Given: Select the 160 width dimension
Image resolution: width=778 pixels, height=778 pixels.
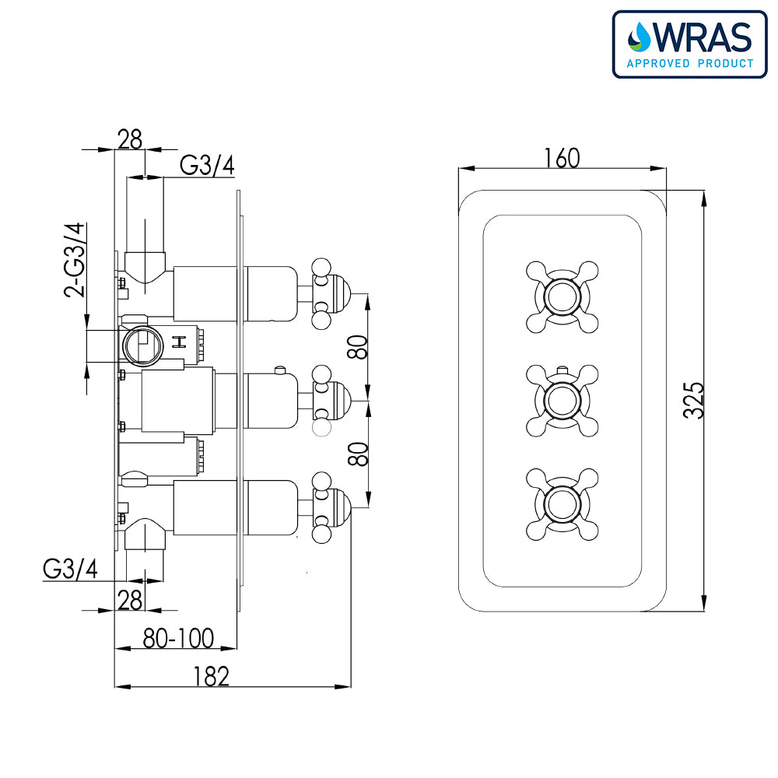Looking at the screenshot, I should (x=562, y=158).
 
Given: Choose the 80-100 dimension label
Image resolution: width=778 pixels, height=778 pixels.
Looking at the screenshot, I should (x=178, y=639).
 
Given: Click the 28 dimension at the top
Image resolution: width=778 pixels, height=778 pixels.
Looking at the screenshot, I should (x=130, y=139).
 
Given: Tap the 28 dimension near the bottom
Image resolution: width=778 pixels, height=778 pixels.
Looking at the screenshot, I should (x=130, y=600).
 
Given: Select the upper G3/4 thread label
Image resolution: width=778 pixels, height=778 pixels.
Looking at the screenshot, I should (x=207, y=166).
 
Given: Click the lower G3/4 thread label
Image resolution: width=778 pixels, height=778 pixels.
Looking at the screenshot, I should (x=70, y=569).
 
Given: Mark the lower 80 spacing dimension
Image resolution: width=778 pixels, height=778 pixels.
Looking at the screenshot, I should (x=357, y=454).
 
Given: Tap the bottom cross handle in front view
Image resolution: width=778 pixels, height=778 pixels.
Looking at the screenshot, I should (x=562, y=504).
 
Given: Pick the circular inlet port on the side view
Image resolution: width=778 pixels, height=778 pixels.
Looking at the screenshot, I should (x=141, y=342).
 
